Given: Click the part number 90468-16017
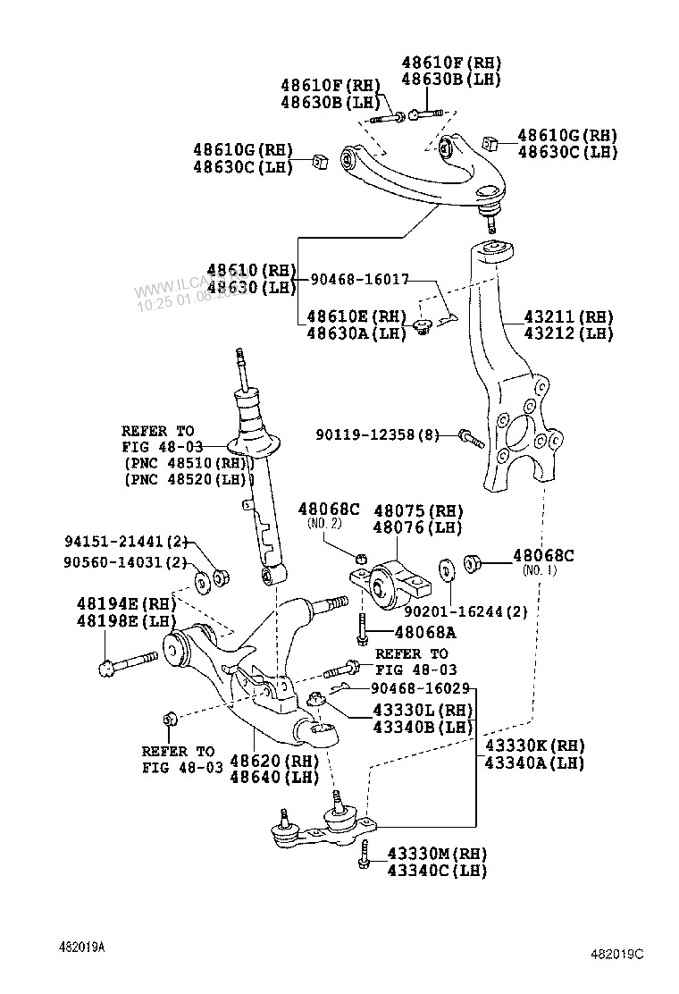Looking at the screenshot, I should coord(360,280).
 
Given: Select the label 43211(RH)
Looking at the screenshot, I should coord(568,316).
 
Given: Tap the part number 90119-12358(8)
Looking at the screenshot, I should coord(377,434).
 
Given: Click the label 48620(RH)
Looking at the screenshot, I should coord(274,761).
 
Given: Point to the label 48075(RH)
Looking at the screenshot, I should coord(418,510).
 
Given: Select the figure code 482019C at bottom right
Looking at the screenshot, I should coord(616,954).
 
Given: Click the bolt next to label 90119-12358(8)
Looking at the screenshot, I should coord(470,437).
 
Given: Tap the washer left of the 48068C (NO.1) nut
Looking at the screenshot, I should coord(444,568).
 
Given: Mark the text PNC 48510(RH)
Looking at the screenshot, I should coord(189,462).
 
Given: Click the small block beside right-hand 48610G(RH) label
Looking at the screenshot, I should coord(489,142).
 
